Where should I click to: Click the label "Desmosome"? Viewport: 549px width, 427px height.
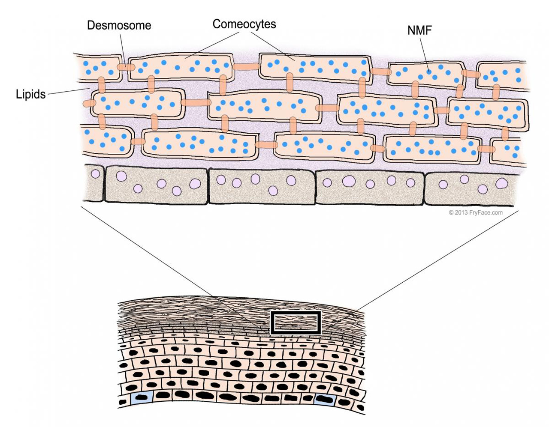[119, 25]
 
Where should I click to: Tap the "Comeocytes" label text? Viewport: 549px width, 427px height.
[244, 24]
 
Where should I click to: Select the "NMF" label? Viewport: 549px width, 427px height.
[419, 31]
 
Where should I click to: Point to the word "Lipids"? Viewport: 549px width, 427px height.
[31, 94]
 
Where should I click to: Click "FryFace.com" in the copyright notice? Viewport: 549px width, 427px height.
[486, 212]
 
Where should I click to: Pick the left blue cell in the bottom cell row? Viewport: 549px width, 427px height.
[142, 398]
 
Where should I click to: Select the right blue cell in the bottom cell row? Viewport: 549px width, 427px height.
[325, 400]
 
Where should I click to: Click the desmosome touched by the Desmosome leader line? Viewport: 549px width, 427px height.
[126, 67]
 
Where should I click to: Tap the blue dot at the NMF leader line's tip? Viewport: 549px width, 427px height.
[429, 72]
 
